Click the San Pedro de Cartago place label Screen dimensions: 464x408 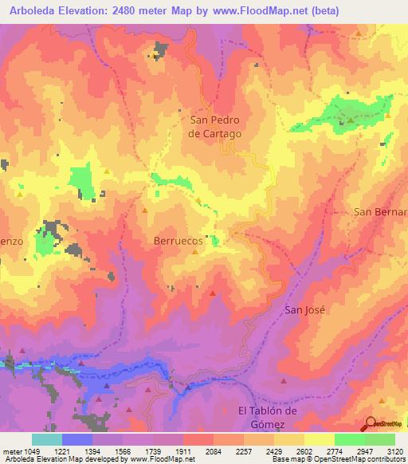point(214,127)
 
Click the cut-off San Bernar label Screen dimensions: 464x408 point(381,212)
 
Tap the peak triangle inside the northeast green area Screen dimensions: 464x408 point(349,120)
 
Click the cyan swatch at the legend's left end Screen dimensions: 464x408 point(47,439)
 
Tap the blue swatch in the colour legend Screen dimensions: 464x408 point(77,439)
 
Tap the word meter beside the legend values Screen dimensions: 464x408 point(13,451)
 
